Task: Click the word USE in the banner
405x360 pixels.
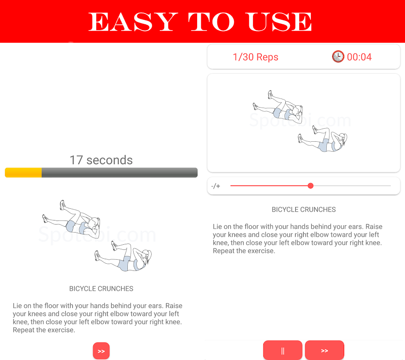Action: (279, 22)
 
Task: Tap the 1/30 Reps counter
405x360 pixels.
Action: (256, 57)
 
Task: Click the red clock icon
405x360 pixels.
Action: (338, 57)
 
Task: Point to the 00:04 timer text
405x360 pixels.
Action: (359, 57)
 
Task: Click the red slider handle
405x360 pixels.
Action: (310, 186)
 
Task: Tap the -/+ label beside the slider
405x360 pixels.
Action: (216, 186)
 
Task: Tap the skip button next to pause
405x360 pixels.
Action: (324, 350)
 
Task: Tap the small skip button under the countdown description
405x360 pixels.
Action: (101, 351)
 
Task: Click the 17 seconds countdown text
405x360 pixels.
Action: (101, 160)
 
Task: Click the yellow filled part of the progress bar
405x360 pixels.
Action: (23, 172)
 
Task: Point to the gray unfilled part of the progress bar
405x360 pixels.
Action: (120, 172)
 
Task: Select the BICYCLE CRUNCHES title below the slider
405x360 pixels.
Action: (304, 209)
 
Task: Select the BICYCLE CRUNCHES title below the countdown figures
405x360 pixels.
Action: (101, 288)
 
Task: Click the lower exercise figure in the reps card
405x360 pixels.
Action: (323, 139)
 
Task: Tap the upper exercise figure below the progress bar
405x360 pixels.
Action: (71, 219)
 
